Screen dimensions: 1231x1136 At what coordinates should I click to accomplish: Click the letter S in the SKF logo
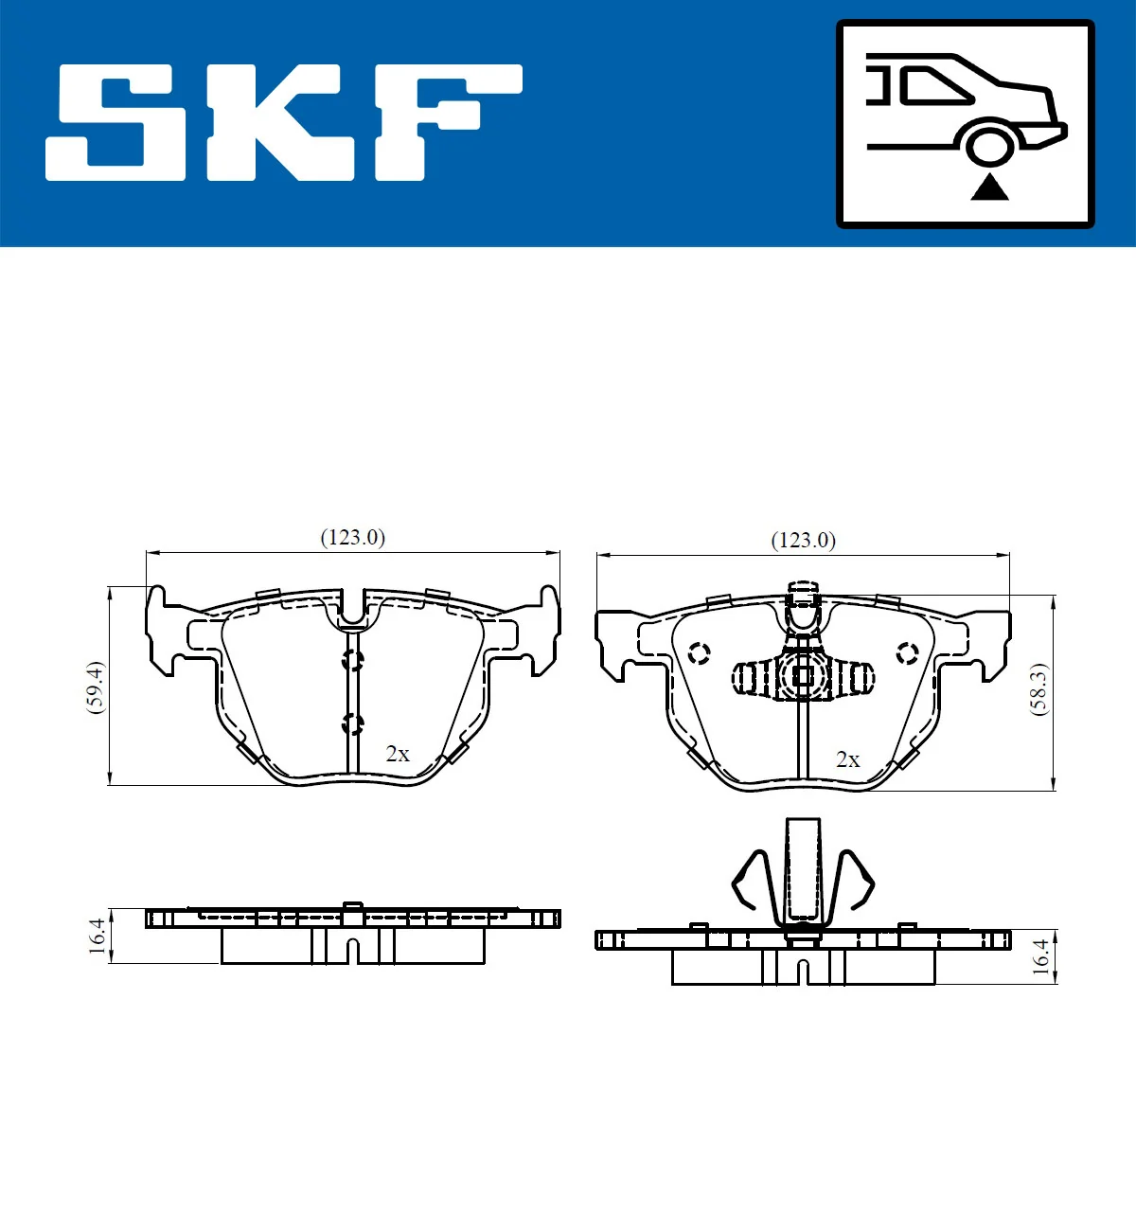click(115, 123)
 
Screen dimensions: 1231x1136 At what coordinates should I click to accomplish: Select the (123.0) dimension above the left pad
click(353, 538)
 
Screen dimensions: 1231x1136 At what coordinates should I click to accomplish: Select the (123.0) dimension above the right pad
click(804, 541)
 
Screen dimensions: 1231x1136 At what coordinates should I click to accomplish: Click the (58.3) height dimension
click(1038, 689)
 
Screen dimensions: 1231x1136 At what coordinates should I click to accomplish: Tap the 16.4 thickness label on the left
click(97, 936)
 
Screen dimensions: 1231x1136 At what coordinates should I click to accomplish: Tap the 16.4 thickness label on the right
click(1040, 956)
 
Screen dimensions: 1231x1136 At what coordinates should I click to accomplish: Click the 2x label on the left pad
click(398, 754)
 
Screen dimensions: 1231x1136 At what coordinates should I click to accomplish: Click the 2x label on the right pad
click(848, 759)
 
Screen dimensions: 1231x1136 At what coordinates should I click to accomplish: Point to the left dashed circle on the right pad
click(700, 653)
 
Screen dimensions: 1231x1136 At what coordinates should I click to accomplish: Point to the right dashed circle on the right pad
click(907, 652)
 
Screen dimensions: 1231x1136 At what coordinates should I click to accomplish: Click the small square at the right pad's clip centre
click(803, 676)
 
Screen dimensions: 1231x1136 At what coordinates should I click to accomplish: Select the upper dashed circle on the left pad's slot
click(352, 660)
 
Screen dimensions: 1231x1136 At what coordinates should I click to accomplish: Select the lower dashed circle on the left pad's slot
click(352, 724)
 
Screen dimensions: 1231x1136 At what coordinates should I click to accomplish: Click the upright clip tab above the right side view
click(803, 869)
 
